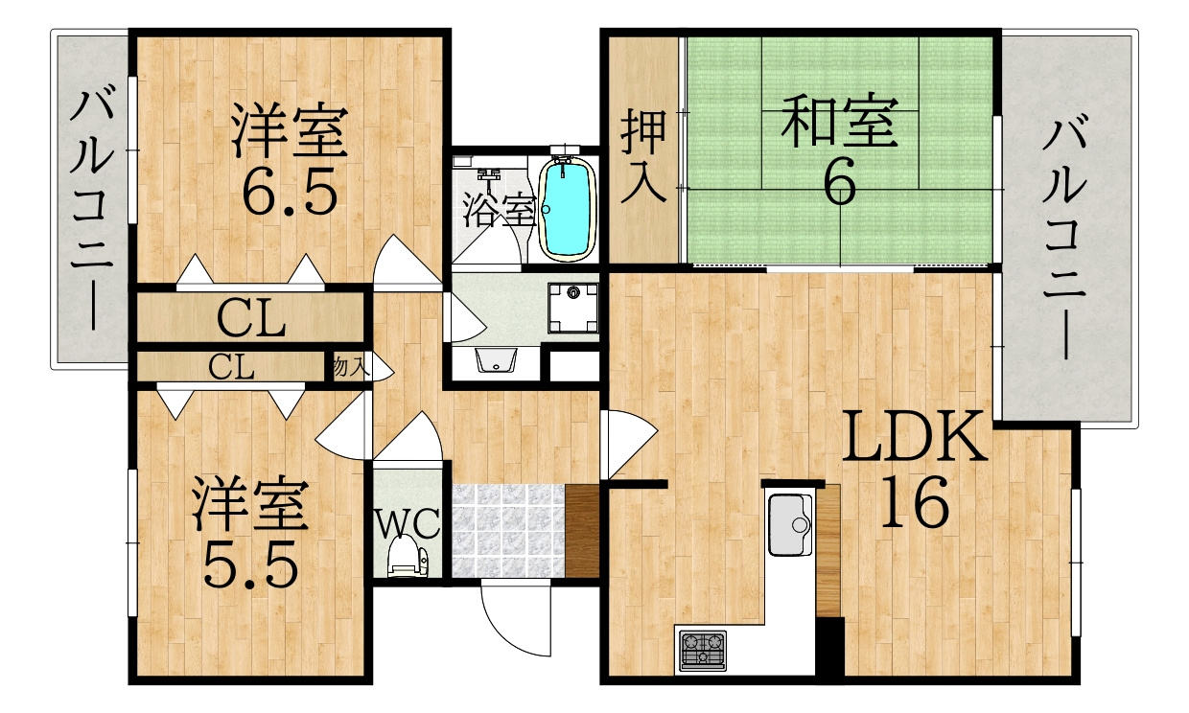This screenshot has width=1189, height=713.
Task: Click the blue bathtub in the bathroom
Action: pyautogui.click(x=567, y=210)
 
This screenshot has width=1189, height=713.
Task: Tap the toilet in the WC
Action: pyautogui.click(x=407, y=556)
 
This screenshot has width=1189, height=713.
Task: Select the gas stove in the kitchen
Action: pyautogui.click(x=703, y=651)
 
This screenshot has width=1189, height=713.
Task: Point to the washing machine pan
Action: pyautogui.click(x=573, y=308)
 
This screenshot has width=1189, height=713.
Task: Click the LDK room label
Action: pyautogui.click(x=913, y=437)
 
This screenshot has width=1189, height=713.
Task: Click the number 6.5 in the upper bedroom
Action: pyautogui.click(x=290, y=191)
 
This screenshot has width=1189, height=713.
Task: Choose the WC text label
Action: pyautogui.click(x=408, y=523)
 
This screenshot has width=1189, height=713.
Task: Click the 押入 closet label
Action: pyautogui.click(x=643, y=155)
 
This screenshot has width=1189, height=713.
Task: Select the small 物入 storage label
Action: pyautogui.click(x=350, y=367)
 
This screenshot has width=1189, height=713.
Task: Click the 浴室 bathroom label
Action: pyautogui.click(x=499, y=210)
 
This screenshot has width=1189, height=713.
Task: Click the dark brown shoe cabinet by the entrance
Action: pyautogui.click(x=582, y=531)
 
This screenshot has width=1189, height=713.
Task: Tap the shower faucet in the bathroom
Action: pyautogui.click(x=488, y=175)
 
